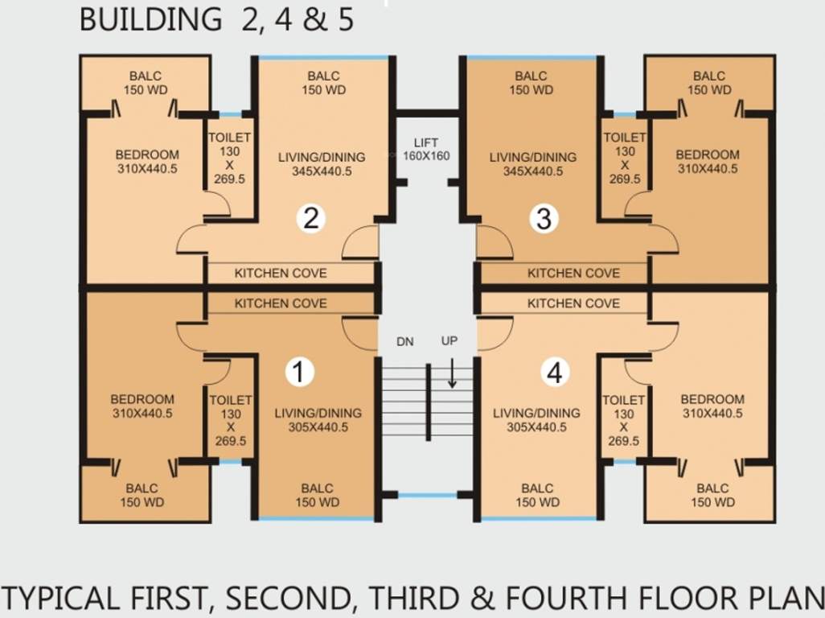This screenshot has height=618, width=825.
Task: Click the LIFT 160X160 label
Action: pyautogui.click(x=426, y=150)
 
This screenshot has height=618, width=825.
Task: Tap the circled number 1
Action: pyautogui.click(x=299, y=372)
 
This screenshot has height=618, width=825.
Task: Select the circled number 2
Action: pyautogui.click(x=310, y=218)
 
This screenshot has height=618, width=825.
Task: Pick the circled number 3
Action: pyautogui.click(x=544, y=218)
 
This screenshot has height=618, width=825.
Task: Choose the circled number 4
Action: pyautogui.click(x=555, y=372)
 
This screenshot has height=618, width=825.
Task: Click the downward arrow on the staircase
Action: pyautogui.click(x=452, y=373)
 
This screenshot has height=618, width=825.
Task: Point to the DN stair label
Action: pyautogui.click(x=404, y=342)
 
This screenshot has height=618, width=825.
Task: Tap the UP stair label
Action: pyautogui.click(x=449, y=340)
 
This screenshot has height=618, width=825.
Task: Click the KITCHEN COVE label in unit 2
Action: pyautogui.click(x=281, y=274)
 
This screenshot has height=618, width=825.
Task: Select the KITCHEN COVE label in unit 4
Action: pyautogui.click(x=573, y=303)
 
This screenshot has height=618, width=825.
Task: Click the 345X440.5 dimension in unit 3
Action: pyautogui.click(x=533, y=171)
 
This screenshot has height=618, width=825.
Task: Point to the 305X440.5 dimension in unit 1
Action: pyautogui.click(x=318, y=427)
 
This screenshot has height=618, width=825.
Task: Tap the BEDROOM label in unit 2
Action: pyautogui.click(x=147, y=154)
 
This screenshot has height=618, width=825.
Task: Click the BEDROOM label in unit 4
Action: pyautogui.click(x=712, y=399)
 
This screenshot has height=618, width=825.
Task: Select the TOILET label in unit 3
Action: pyautogui.click(x=625, y=138)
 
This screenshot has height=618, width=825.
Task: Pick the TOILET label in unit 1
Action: pyautogui.click(x=231, y=400)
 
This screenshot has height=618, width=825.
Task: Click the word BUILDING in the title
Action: pyautogui.click(x=151, y=19)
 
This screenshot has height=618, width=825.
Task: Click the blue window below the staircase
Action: pyautogui.click(x=427, y=495)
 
